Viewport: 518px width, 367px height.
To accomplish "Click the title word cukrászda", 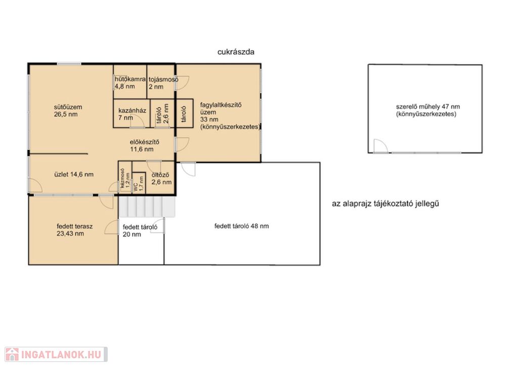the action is click(236, 52).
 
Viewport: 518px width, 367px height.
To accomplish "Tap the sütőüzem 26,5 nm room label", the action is click(68, 111).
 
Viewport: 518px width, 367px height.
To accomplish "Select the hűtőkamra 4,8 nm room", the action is click(130, 81).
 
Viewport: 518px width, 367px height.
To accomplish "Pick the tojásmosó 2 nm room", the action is click(161, 81).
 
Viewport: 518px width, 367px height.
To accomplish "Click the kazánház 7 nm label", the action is click(132, 114).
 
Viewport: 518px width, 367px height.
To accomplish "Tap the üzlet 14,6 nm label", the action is click(74, 174).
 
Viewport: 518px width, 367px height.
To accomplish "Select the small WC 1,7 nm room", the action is click(139, 182).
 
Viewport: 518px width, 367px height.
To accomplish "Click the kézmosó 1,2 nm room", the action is click(125, 178).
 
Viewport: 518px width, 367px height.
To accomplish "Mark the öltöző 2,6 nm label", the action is click(161, 179).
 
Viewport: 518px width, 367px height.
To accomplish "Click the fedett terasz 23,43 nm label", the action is click(74, 230).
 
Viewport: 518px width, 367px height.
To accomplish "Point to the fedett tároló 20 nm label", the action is click(140, 231).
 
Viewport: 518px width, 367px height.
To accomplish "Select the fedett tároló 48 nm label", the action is click(241, 226).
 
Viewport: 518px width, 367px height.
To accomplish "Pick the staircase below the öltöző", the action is click(147, 206).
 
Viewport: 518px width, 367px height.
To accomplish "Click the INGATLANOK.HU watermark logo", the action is click(56, 354).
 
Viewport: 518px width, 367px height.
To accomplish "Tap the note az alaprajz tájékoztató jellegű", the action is click(385, 203).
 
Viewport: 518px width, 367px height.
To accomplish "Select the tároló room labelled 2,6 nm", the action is click(162, 113).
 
